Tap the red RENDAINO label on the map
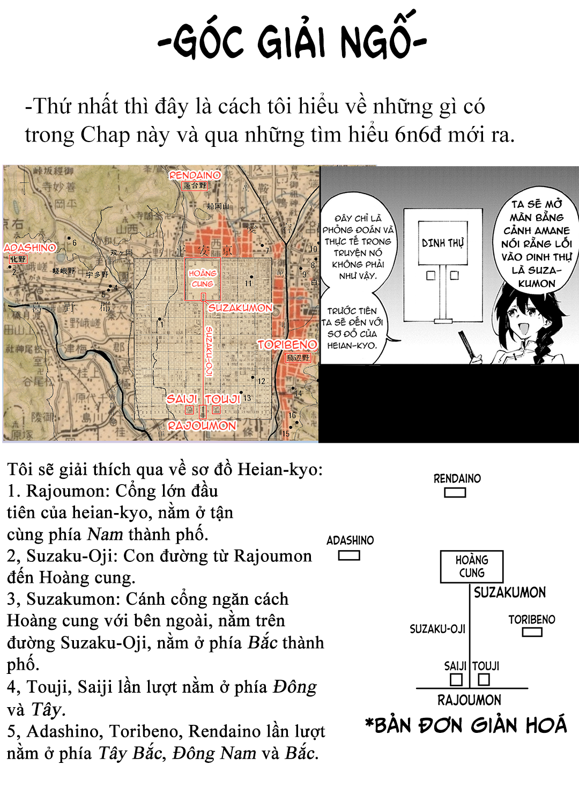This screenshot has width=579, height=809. [195, 175]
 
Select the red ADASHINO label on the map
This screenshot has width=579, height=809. [30, 248]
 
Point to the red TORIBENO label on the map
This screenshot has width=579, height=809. [287, 345]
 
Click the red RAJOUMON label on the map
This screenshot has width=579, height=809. [202, 426]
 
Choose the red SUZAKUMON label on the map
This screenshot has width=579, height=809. [240, 308]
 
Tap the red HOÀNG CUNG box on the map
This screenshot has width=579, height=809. [203, 278]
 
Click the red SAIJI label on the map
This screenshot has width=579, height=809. [182, 399]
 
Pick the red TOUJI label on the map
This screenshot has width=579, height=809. [222, 399]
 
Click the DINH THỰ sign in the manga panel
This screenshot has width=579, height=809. [443, 243]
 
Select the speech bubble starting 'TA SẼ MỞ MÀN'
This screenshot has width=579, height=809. [536, 243]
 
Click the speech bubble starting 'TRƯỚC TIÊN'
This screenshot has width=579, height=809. [352, 328]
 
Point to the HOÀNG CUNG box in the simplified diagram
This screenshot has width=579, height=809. [471, 566]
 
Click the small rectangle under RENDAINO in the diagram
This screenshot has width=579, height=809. [455, 492]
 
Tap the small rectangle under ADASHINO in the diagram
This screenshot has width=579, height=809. [349, 555]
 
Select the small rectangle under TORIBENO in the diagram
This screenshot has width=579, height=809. [532, 632]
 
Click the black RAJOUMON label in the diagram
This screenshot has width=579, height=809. [469, 700]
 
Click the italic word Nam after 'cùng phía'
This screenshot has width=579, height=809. [105, 534]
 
